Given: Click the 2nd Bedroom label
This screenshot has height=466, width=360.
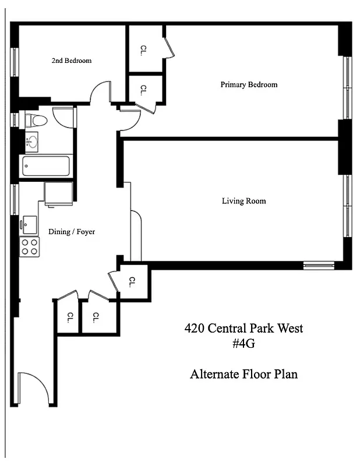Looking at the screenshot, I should click(x=72, y=61).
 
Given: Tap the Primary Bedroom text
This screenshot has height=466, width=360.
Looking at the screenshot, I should click(x=249, y=84).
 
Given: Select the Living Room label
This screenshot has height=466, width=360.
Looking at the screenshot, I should click(x=243, y=201).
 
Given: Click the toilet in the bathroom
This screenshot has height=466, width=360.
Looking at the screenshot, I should click(x=38, y=121).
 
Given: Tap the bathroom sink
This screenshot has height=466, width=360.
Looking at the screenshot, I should click(x=31, y=141).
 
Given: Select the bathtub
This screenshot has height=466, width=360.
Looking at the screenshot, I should click(x=45, y=166).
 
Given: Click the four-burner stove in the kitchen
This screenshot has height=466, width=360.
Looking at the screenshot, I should click(x=29, y=247).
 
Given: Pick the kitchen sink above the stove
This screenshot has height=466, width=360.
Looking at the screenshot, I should click(x=29, y=224).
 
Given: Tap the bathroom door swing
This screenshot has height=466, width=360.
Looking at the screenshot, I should click(x=63, y=117).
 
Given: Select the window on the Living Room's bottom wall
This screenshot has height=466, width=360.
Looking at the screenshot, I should click(x=319, y=265).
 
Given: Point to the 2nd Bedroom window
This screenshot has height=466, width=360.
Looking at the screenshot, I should click(x=15, y=62).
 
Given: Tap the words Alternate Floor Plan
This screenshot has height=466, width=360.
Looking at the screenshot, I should click(x=243, y=374).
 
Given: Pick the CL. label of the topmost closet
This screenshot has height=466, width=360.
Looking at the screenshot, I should click(x=143, y=51).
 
